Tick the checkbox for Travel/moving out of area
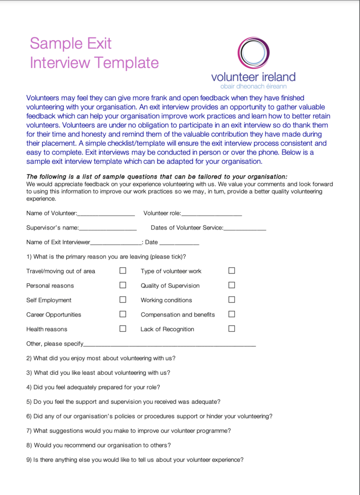coord(123,271)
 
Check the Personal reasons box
coord(123,285)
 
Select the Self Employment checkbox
coord(123,300)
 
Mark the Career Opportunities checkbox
coord(123,314)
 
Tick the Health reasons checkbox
coord(123,329)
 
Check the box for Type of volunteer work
coord(232,271)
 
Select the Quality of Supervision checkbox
coord(232,285)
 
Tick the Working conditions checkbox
coord(232,300)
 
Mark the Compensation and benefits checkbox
coord(232,314)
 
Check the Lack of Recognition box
coord(232,329)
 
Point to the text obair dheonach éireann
coord(254,86)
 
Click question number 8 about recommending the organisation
coord(98,445)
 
